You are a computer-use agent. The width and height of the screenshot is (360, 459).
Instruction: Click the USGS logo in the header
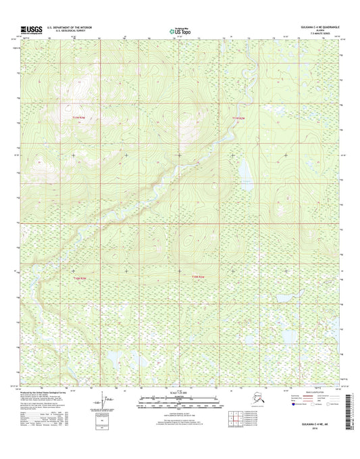click(x=30, y=30)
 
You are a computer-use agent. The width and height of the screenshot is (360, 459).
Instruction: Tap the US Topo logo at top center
click(x=179, y=30)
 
